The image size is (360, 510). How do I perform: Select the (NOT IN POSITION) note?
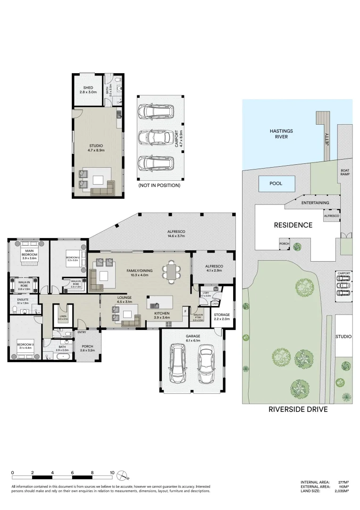click(x=159, y=186)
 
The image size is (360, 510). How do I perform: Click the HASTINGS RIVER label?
click(x=278, y=134)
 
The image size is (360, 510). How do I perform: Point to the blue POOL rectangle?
click(x=276, y=183)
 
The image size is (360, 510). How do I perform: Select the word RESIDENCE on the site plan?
click(x=293, y=225)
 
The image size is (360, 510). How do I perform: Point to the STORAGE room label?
click(x=221, y=317)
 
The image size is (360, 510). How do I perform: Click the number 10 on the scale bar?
click(x=112, y=472)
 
